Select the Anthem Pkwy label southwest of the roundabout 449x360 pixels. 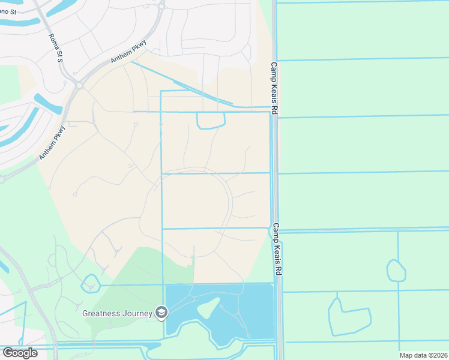(x=53, y=142)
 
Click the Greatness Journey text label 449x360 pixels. (x=118, y=313)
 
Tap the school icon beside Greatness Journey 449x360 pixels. (x=161, y=312)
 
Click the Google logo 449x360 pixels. (x=20, y=353)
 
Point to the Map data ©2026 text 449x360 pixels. (x=423, y=355)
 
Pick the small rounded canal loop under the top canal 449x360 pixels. (x=211, y=121)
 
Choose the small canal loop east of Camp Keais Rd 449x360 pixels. (x=396, y=271)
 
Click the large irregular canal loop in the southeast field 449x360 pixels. (x=348, y=317)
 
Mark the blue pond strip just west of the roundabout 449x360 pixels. (x=48, y=103)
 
